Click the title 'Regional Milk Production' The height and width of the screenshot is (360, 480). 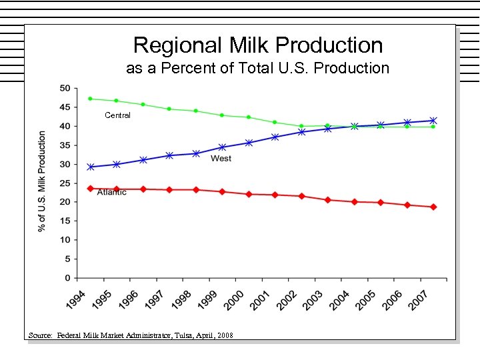[258, 45]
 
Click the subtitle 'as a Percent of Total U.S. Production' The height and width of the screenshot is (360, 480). [258, 68]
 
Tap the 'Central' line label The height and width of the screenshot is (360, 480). [117, 115]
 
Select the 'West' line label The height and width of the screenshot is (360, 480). [221, 159]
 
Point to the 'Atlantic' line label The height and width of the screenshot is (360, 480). [111, 193]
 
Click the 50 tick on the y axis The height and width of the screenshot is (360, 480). [65, 88]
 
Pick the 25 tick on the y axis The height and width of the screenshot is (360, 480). [65, 183]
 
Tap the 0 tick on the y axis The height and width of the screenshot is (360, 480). [67, 277]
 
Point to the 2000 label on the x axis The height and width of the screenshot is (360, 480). [235, 299]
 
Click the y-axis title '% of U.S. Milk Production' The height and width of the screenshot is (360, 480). [42, 181]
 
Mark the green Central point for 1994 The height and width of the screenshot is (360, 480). [90, 99]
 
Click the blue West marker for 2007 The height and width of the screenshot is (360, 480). [433, 121]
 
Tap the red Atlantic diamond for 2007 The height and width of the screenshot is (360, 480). [433, 207]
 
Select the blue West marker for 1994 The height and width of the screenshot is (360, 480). [90, 167]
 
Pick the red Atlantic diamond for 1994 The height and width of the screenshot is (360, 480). [90, 189]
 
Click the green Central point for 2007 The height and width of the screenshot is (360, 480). [433, 127]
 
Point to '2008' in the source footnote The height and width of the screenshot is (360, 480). [225, 335]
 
